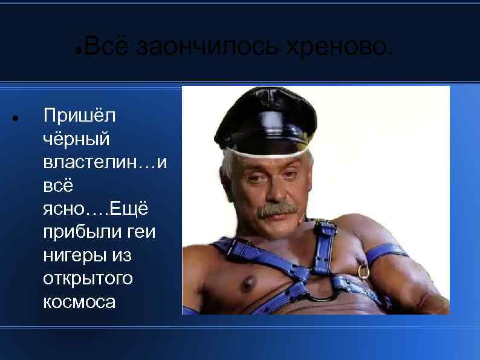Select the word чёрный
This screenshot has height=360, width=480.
(x=77, y=139)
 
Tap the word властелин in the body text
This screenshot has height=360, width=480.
(x=94, y=162)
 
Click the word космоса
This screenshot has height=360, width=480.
(x=79, y=302)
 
